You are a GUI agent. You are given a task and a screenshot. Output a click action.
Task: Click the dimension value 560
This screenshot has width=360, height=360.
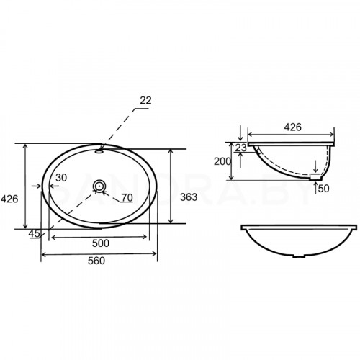point(96,261)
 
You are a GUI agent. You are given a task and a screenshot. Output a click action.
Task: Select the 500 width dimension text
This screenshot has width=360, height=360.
point(101,243)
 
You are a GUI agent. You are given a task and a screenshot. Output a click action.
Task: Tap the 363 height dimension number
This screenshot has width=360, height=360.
point(189,197)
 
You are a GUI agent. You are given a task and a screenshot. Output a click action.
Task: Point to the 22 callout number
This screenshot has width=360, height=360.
point(145,101)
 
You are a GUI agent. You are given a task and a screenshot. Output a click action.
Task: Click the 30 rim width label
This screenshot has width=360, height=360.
point(61,178)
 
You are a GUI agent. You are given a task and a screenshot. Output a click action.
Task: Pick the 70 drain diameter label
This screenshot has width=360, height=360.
point(127,198)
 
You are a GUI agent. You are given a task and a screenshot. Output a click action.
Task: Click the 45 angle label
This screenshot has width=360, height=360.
point(35,233)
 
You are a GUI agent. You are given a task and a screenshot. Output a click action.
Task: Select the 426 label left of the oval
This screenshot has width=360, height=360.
point(9,199)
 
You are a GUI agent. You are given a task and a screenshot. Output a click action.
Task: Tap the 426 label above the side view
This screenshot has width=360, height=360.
point(293,127)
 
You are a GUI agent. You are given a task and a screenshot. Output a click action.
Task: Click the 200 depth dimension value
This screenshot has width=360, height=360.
point(222,162)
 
